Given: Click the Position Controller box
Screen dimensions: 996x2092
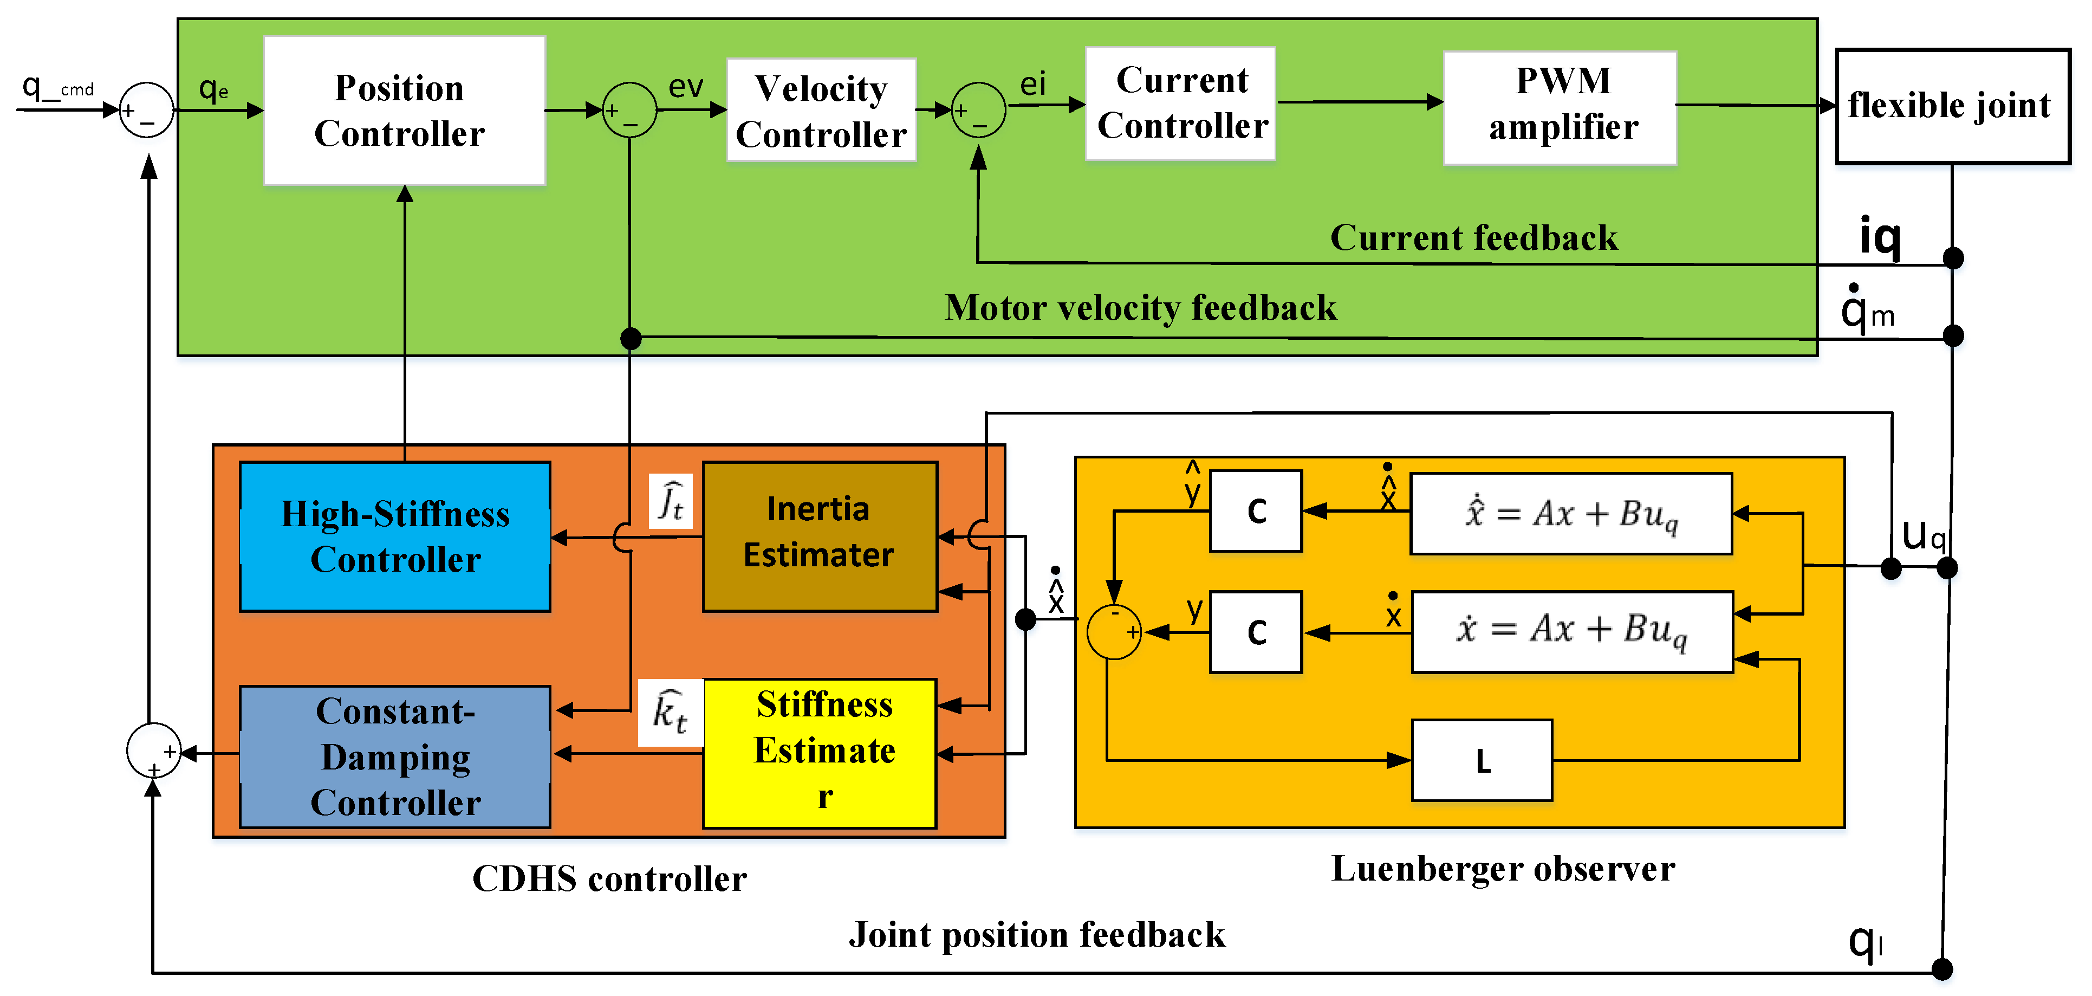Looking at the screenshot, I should coord(404,111).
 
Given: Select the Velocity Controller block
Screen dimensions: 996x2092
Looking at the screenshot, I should coord(821,111).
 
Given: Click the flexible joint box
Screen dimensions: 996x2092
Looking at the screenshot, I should coord(1952,106).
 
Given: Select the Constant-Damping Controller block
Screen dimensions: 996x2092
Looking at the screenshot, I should coord(395,756).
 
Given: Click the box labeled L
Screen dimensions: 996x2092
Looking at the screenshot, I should coord(1482,760).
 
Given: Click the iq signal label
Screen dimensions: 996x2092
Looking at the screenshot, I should coord(1879,237).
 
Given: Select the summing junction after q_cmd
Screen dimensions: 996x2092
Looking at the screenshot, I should coord(147,109).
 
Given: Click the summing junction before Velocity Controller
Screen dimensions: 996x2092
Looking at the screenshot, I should coord(629,109).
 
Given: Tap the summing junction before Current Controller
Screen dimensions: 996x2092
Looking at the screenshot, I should coord(979,109).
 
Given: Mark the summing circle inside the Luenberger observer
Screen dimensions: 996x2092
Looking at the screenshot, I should coord(1114,631).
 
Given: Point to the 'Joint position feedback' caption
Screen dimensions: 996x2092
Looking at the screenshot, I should coord(1036,935).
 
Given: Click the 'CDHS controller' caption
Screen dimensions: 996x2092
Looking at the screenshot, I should coord(609,879).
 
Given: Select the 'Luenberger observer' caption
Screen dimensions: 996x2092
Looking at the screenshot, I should coord(1503,869).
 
